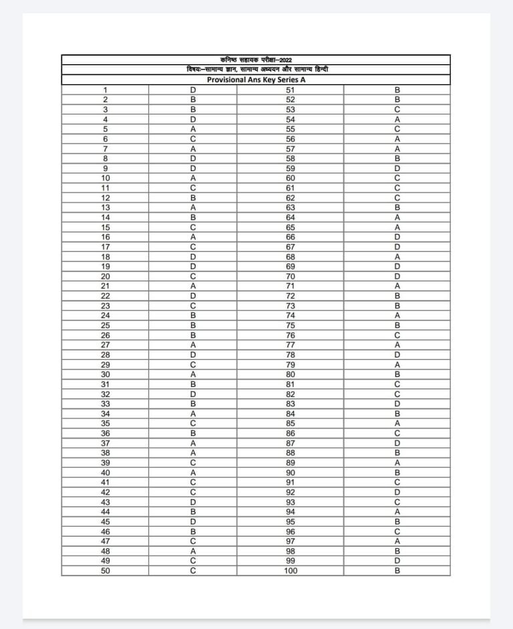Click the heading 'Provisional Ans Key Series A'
pos(256,80)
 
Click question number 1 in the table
pos(105,90)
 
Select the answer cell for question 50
pos(193,571)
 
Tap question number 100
pos(291,571)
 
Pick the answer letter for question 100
pos(397,571)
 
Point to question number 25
pos(105,326)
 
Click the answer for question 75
pos(397,326)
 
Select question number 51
pos(291,90)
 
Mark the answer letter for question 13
pos(193,208)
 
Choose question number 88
pos(291,453)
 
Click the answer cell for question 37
pos(193,443)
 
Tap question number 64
pos(291,217)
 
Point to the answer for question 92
pos(397,493)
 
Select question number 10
pos(105,178)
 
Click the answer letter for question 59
pos(397,168)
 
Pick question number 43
pos(105,502)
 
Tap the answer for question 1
pos(193,90)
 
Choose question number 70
pos(291,276)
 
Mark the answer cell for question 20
pos(193,276)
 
